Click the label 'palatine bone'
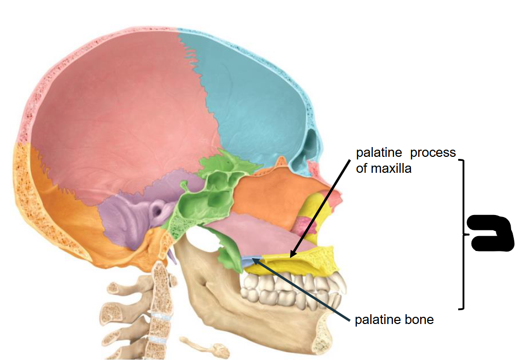[x=394, y=320]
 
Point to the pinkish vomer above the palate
[x=257, y=234]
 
